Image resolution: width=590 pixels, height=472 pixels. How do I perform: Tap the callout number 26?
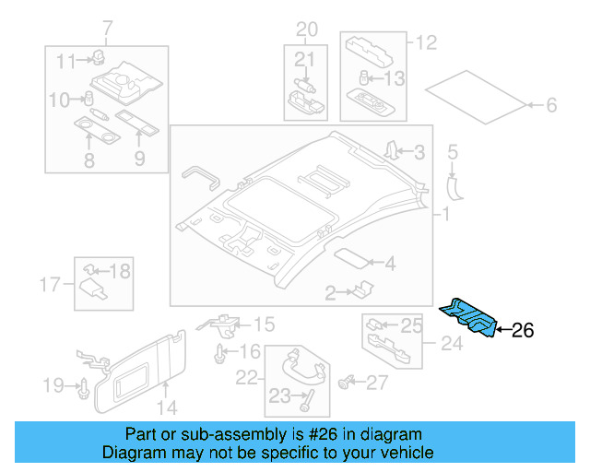pyautogui.click(x=523, y=329)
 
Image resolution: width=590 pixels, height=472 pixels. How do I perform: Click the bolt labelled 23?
pyautogui.click(x=305, y=399)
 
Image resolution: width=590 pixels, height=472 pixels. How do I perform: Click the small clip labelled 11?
pyautogui.click(x=97, y=60)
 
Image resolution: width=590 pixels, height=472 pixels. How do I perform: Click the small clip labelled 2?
pyautogui.click(x=359, y=291)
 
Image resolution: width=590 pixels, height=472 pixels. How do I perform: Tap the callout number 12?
pyautogui.click(x=425, y=42)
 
